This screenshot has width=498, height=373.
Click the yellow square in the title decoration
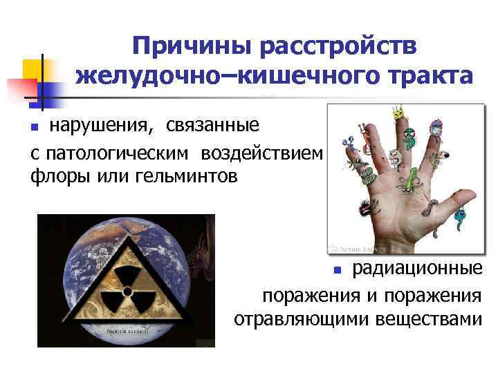35,70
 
